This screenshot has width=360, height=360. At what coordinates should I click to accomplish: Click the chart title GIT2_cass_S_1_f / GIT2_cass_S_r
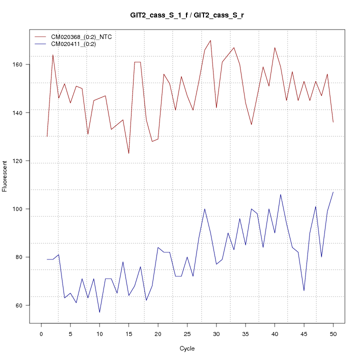click(x=186, y=15)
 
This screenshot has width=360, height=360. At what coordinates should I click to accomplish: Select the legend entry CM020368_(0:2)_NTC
click(x=85, y=37)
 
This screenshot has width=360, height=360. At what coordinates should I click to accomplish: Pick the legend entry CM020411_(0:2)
click(x=77, y=44)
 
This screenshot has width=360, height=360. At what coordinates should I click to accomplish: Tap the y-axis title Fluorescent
click(x=5, y=176)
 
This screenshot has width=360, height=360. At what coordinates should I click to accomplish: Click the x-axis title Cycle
click(x=186, y=348)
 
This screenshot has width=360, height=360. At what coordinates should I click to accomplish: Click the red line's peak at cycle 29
click(x=210, y=40)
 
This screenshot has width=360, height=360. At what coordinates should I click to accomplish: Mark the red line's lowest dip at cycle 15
click(x=128, y=153)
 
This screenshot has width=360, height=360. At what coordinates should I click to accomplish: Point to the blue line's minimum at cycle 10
click(x=99, y=312)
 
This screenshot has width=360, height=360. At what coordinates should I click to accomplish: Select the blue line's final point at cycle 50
click(x=333, y=192)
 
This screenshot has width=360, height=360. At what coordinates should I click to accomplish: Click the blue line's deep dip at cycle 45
click(x=304, y=290)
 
